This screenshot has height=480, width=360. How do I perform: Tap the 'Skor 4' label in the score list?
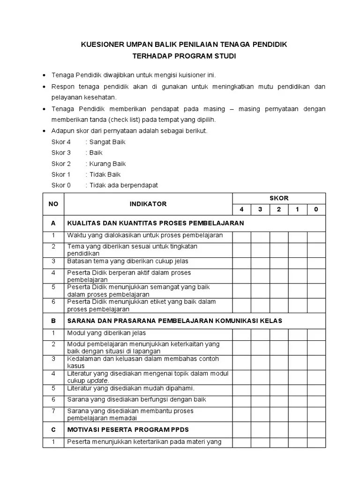click(61, 142)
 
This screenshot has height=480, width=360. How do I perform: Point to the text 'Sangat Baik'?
click(107, 142)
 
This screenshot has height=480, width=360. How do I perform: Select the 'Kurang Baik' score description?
click(107, 164)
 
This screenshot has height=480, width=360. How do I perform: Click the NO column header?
click(53, 204)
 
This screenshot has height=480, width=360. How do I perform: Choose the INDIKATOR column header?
click(148, 204)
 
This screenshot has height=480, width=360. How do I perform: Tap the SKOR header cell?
click(279, 198)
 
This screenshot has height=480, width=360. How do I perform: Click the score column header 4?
click(242, 210)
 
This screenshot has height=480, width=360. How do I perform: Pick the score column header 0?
click(316, 210)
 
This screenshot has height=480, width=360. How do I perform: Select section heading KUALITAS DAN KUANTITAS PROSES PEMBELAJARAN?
click(156, 223)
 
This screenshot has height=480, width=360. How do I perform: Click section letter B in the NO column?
click(53, 321)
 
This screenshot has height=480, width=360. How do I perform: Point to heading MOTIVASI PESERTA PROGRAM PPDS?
click(128, 429)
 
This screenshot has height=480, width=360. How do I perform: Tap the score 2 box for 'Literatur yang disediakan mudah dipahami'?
click(279, 389)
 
